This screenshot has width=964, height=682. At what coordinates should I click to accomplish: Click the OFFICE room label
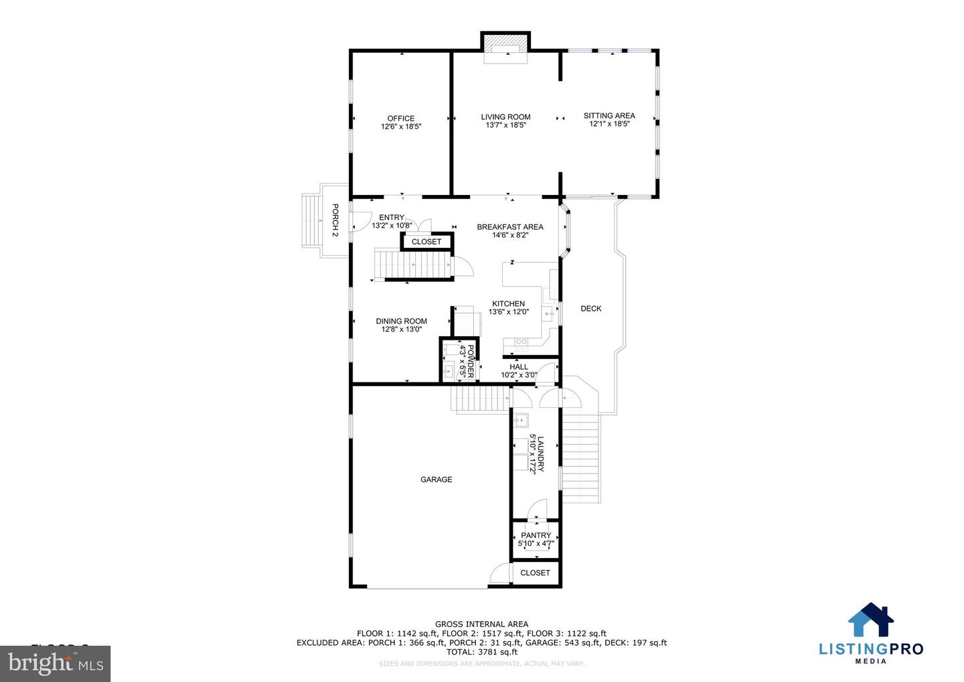tap(400, 119)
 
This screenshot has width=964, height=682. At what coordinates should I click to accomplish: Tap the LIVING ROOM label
tap(505, 117)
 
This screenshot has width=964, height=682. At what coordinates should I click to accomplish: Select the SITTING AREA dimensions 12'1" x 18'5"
tap(609, 124)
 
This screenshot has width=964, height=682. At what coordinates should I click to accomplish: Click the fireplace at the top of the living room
tap(505, 45)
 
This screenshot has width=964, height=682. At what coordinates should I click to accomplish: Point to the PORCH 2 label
tap(335, 220)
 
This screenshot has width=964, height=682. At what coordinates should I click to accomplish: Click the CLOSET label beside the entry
tap(426, 242)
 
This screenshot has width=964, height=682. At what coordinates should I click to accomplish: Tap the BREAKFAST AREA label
tap(509, 227)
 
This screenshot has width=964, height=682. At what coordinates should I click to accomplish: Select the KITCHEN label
tap(508, 303)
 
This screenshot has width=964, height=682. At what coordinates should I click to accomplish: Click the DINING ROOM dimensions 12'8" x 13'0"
tap(401, 330)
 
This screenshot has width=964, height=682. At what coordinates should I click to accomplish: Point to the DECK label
tap(590, 309)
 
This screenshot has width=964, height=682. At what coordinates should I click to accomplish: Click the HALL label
tap(518, 367)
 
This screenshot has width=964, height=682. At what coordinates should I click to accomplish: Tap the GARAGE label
tap(436, 480)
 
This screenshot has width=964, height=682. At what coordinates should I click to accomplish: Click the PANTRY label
tap(536, 535)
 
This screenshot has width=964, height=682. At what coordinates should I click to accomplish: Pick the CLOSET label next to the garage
tap(535, 573)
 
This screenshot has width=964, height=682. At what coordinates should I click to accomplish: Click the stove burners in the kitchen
tap(520, 342)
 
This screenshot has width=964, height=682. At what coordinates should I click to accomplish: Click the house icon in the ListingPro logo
tap(870, 619)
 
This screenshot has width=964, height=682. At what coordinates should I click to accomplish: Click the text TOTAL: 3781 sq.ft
tap(481, 652)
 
